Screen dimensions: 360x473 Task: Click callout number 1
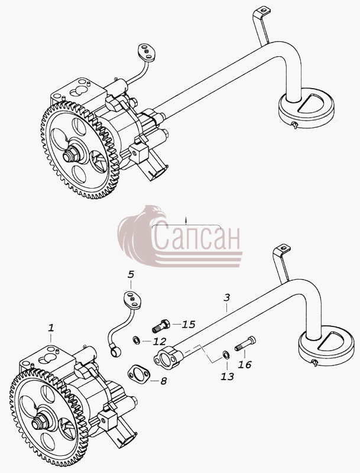point(51,328)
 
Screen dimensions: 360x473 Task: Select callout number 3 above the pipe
point(227,297)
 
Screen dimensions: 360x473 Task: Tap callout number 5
point(131,274)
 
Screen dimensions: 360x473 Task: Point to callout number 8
point(163,381)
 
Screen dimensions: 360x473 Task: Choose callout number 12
point(160,341)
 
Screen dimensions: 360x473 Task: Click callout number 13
point(228,376)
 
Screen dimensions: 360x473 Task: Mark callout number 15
point(189,324)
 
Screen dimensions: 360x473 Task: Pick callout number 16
point(245,364)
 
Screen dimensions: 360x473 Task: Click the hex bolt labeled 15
point(161,326)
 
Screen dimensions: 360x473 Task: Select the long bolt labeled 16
point(245,344)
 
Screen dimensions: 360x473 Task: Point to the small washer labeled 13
point(225,354)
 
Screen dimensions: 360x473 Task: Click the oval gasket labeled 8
point(138,374)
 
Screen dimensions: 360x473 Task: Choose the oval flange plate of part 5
point(132,300)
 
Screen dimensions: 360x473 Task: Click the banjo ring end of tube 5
point(115,351)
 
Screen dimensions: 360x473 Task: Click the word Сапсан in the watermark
point(197,238)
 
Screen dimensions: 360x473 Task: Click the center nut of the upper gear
point(72,155)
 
